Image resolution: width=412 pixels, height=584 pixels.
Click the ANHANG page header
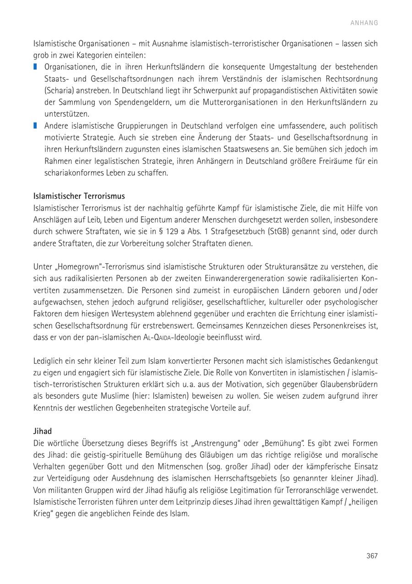(364, 23)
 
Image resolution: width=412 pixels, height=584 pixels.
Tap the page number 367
(372, 556)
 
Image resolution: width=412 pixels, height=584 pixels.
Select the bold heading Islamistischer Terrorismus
(79, 196)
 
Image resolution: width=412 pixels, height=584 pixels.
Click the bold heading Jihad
(43, 431)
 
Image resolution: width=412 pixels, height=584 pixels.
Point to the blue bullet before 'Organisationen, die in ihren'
(35, 67)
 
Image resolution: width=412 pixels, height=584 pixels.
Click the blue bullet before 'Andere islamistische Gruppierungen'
(35, 125)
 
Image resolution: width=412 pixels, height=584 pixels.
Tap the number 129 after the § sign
(191, 232)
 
